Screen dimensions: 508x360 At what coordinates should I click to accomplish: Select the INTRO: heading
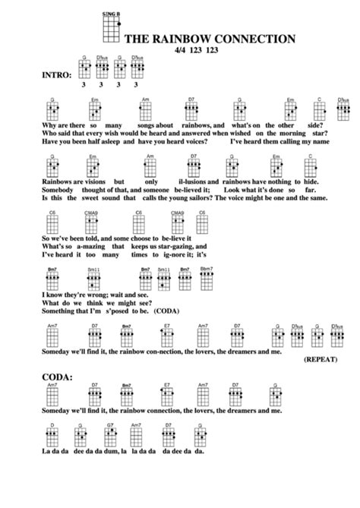51,75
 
